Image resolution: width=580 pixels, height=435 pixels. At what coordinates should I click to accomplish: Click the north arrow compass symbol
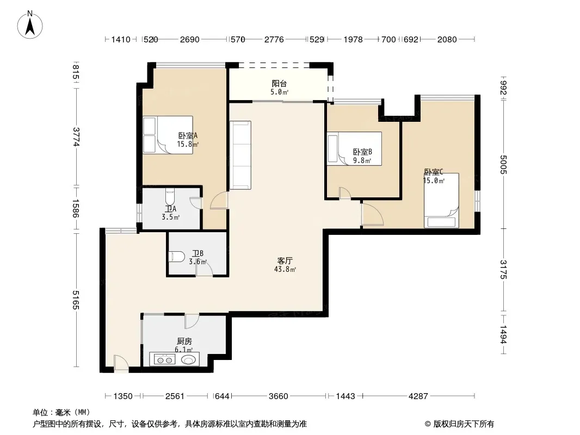30,25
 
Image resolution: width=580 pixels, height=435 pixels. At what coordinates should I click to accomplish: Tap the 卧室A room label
188,135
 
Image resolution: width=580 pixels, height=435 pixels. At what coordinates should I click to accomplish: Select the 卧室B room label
362,152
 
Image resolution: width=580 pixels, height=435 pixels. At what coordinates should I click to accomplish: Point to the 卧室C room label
434,172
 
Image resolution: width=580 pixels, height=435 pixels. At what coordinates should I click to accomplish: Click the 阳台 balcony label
279,84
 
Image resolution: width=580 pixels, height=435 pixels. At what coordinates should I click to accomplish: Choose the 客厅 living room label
285,261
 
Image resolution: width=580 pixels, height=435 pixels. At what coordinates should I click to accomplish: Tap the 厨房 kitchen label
184,341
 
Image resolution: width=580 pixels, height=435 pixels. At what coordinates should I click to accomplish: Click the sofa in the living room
240,155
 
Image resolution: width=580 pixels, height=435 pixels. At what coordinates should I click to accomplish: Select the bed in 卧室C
441,200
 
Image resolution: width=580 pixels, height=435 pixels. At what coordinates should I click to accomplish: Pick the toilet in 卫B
177,257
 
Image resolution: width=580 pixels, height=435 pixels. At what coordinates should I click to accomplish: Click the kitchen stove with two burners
164,359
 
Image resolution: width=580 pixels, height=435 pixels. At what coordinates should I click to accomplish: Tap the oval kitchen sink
189,359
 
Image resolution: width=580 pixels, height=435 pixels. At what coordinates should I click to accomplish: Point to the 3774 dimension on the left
76,136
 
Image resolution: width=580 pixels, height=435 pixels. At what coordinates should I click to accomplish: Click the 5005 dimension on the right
503,164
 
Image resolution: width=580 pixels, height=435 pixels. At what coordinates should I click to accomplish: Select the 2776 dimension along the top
274,40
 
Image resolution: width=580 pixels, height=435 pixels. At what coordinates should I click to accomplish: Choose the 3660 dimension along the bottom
279,396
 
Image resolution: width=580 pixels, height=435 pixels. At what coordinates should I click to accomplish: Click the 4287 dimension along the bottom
418,396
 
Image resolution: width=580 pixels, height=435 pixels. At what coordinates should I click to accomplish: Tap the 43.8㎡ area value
285,269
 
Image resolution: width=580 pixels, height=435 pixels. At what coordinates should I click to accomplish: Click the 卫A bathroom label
170,209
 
